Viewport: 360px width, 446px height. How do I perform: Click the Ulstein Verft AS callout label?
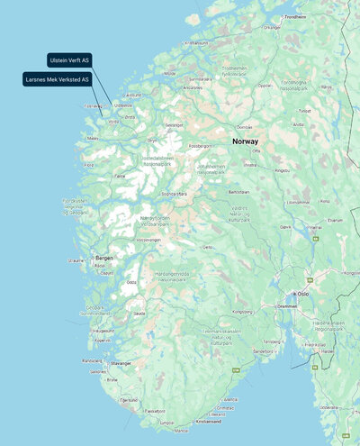point(70,60)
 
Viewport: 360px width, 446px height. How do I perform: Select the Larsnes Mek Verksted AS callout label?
point(58,79)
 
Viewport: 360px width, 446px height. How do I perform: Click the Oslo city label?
point(303,295)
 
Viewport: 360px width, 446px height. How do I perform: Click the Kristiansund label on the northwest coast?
point(195,42)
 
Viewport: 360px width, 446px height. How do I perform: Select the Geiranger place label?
point(174,125)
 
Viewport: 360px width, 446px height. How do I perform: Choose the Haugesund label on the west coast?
point(103,331)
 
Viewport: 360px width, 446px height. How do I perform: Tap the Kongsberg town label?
point(243,312)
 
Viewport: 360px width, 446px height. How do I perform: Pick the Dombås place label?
point(244,127)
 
